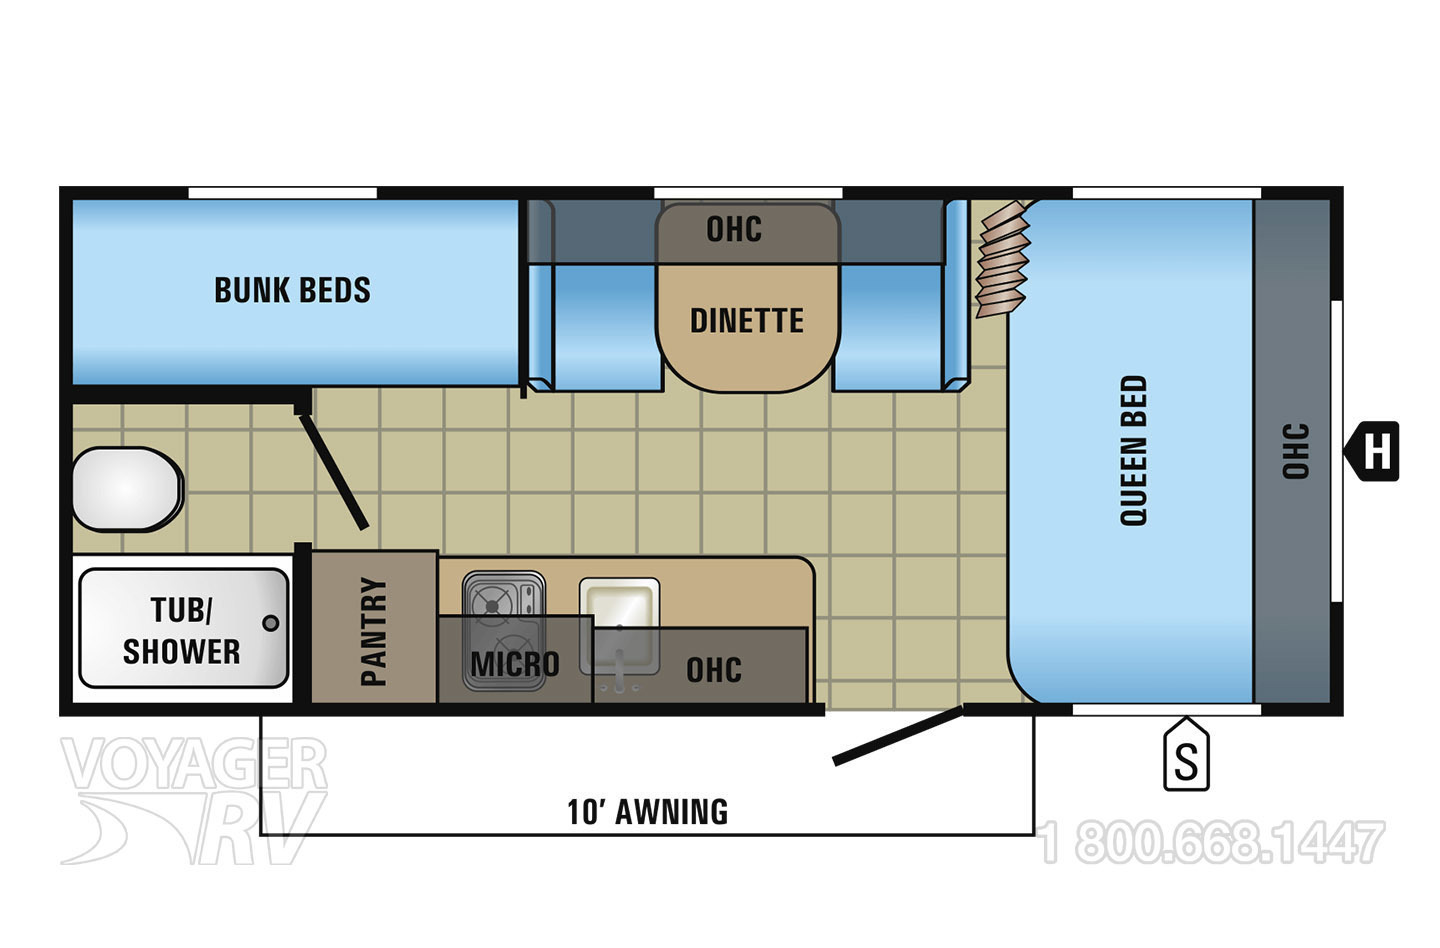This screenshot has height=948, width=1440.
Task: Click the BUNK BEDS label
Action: click(292, 290)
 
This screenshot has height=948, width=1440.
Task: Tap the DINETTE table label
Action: click(747, 320)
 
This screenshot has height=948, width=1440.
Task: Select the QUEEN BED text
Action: click(1133, 451)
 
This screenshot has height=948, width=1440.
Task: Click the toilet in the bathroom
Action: click(128, 489)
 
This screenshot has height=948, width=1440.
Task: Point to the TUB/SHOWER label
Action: click(182, 631)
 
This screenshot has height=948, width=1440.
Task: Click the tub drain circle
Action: click(271, 623)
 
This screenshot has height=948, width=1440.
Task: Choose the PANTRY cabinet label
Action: click(374, 631)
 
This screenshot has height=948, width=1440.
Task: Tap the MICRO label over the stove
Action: click(515, 664)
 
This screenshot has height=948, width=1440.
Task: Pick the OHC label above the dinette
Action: click(734, 229)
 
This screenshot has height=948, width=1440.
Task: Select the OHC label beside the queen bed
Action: click(1295, 451)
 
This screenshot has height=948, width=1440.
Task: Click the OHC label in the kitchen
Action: click(714, 670)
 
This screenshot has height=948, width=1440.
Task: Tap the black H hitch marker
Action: click(1372, 451)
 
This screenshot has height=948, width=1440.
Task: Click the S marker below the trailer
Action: click(1187, 753)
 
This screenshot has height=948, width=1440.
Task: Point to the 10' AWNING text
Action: click(648, 812)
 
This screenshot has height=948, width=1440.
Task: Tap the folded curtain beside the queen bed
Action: click(1004, 260)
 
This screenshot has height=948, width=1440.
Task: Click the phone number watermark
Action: click(1211, 843)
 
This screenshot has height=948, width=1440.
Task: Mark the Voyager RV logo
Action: click(194, 800)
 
